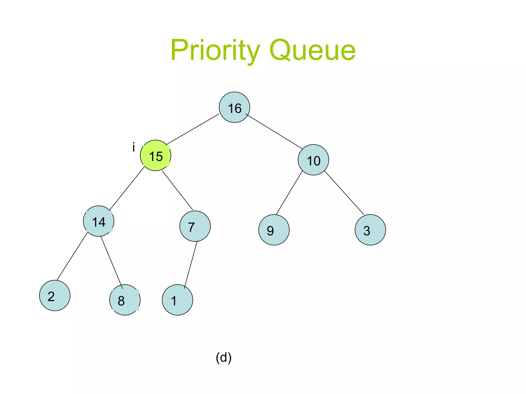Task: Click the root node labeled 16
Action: pyautogui.click(x=234, y=107)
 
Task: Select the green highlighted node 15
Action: pyautogui.click(x=156, y=155)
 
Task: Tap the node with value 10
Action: pyautogui.click(x=313, y=160)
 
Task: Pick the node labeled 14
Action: pyautogui.click(x=99, y=221)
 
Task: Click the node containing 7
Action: pyautogui.click(x=195, y=226)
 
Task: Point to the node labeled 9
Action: pyautogui.click(x=274, y=230)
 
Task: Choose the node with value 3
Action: pyautogui.click(x=370, y=230)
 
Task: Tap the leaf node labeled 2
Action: pyautogui.click(x=55, y=295)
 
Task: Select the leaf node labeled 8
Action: pyautogui.click(x=125, y=300)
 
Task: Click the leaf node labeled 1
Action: pyautogui.click(x=177, y=300)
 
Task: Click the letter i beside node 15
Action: pyautogui.click(x=134, y=147)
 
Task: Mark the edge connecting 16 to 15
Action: pyautogui.click(x=193, y=129)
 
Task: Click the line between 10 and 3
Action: pyautogui.click(x=344, y=193)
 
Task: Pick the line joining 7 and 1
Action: pyautogui.click(x=191, y=265)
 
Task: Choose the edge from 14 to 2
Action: pyautogui.click(x=72, y=256)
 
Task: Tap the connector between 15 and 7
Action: pyautogui.click(x=177, y=190)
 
